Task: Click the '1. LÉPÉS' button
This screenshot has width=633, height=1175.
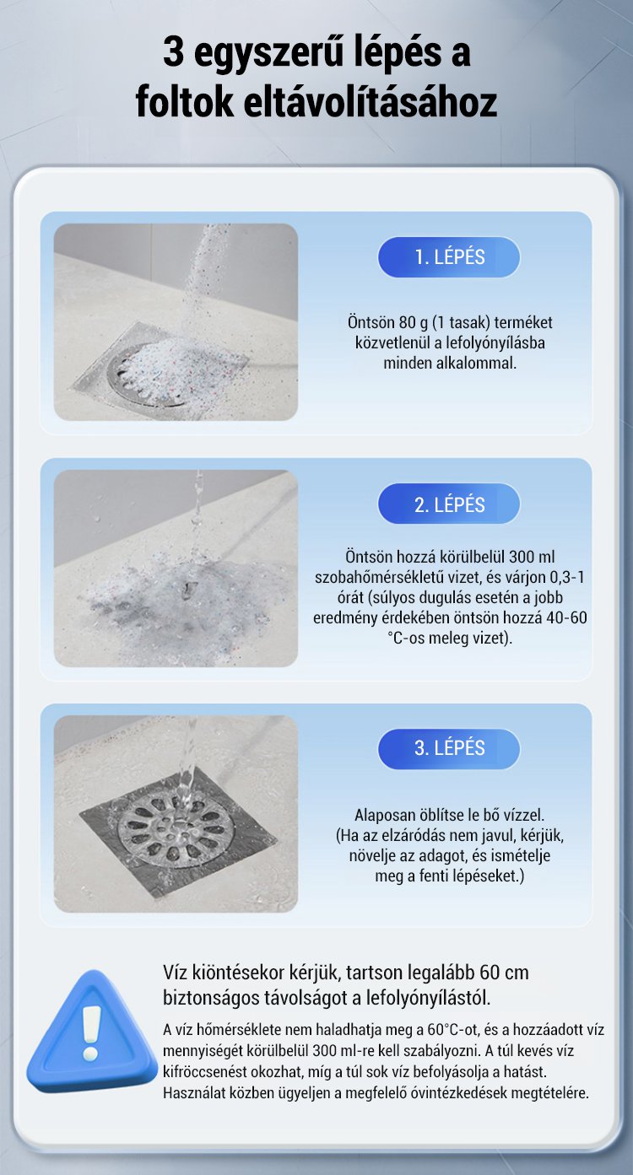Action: [449, 257]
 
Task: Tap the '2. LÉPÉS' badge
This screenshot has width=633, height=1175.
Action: [449, 504]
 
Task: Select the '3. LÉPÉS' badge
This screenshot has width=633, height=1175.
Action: [449, 748]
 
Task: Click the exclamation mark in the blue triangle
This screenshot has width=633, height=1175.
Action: [91, 1032]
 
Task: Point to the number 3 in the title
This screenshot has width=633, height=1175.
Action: [173, 53]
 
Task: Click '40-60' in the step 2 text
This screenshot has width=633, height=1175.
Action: [566, 617]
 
